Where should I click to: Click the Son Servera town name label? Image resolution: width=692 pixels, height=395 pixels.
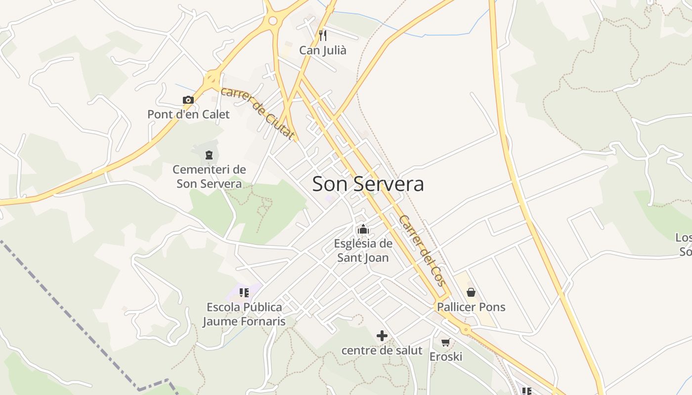tap(368, 184)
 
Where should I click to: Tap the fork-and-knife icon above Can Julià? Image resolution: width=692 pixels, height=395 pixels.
tap(323, 35)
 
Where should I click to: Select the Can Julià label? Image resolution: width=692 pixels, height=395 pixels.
tap(323, 50)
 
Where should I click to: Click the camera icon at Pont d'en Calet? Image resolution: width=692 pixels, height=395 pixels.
tap(188, 100)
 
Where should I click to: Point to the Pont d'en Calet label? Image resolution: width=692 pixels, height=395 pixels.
tap(188, 115)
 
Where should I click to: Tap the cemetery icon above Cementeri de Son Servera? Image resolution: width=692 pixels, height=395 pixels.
tap(209, 155)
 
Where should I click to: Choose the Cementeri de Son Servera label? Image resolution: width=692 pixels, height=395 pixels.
tap(209, 177)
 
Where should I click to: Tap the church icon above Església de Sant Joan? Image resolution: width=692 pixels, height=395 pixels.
tap(363, 229)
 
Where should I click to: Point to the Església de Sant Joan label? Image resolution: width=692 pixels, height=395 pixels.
tap(363, 250)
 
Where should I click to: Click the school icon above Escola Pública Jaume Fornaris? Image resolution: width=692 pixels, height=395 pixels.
tap(244, 292)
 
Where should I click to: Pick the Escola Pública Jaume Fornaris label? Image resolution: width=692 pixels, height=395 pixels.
tap(244, 315)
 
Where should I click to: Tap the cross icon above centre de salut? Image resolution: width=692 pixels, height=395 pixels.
tap(382, 336)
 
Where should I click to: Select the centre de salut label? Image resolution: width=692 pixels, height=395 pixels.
tap(382, 351)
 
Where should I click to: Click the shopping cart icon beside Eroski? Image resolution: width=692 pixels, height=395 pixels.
tap(446, 342)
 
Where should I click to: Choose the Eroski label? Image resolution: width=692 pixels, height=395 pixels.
tap(446, 356)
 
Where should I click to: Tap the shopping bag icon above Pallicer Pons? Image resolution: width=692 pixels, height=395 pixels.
tap(471, 292)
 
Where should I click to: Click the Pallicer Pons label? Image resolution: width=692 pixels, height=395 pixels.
tap(471, 307)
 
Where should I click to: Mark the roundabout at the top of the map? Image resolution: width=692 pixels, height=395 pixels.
tap(272, 21)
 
